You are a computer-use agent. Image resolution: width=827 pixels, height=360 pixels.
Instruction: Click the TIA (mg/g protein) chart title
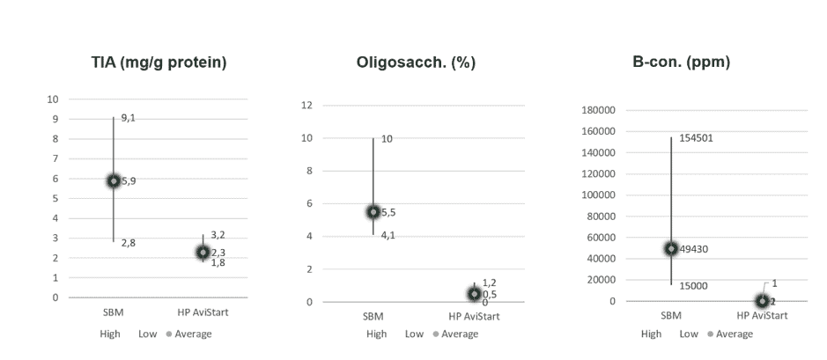(159, 62)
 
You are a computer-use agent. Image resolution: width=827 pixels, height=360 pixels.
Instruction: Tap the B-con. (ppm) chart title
(681, 62)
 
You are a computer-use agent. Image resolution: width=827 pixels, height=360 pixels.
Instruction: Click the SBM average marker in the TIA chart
(114, 180)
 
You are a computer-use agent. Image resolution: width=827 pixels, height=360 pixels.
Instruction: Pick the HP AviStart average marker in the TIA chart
(203, 253)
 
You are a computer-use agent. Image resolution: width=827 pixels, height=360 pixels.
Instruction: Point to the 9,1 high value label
(128, 117)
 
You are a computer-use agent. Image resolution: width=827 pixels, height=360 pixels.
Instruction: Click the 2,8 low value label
(128, 243)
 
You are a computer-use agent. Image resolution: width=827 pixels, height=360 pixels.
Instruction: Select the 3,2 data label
(218, 235)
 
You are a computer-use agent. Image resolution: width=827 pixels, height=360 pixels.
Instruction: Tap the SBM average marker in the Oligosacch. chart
(373, 212)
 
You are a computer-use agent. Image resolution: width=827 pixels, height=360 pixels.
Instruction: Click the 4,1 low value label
(388, 235)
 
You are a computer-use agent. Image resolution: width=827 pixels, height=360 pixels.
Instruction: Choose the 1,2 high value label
(489, 283)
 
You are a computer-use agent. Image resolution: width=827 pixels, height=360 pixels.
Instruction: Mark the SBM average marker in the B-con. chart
(671, 249)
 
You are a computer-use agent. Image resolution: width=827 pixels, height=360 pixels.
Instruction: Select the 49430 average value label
(694, 249)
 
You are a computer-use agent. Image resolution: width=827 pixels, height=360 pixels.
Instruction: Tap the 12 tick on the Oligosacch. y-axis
(307, 105)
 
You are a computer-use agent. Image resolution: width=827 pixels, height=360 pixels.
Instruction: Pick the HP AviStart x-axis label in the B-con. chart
(761, 315)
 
